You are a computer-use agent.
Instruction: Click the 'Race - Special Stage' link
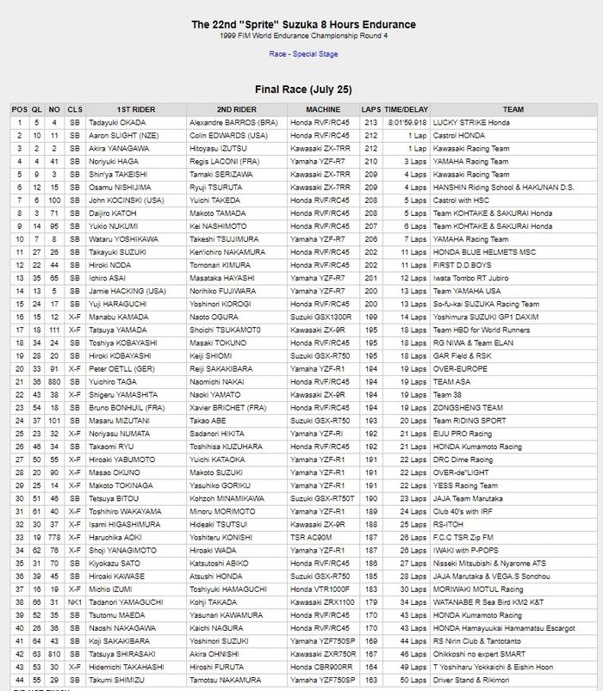coord(302,54)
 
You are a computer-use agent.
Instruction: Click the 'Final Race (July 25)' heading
coord(302,89)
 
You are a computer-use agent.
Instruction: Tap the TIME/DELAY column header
coord(406,110)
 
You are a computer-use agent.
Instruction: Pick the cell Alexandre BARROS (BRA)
coord(233,123)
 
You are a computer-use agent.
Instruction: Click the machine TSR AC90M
coord(312,536)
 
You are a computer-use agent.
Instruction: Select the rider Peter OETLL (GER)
coord(121,368)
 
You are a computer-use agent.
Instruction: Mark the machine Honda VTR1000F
coord(320,588)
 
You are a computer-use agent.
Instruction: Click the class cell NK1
coord(75,601)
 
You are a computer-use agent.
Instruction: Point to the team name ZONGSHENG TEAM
coord(468,407)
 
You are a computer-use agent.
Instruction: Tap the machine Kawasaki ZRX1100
coord(322,601)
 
